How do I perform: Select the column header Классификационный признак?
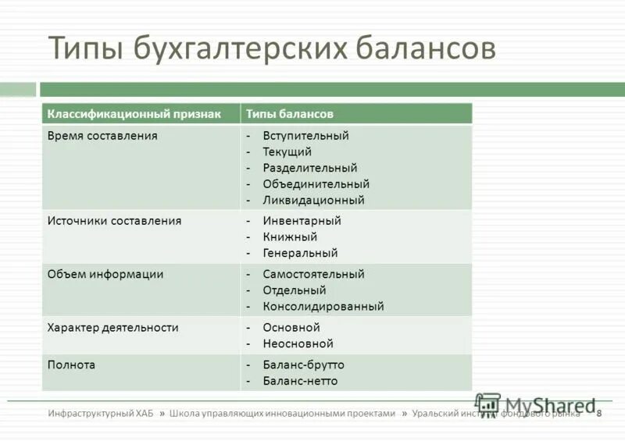click(x=133, y=114)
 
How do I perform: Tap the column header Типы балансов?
click(x=290, y=114)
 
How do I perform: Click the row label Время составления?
click(x=102, y=136)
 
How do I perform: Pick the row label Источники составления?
click(x=114, y=221)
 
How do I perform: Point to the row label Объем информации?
click(x=105, y=274)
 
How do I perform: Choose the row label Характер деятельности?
click(x=113, y=328)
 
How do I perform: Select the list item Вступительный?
click(x=305, y=136)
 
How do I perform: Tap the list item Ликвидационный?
click(x=313, y=200)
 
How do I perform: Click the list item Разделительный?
click(x=309, y=168)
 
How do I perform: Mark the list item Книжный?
click(x=290, y=237)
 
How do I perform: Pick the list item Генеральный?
click(x=300, y=253)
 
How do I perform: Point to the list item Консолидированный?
click(x=323, y=307)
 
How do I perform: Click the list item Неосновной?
click(x=298, y=343)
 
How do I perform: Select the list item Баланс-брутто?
click(x=303, y=365)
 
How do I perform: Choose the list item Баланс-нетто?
click(x=300, y=381)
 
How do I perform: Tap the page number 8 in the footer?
click(x=599, y=414)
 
